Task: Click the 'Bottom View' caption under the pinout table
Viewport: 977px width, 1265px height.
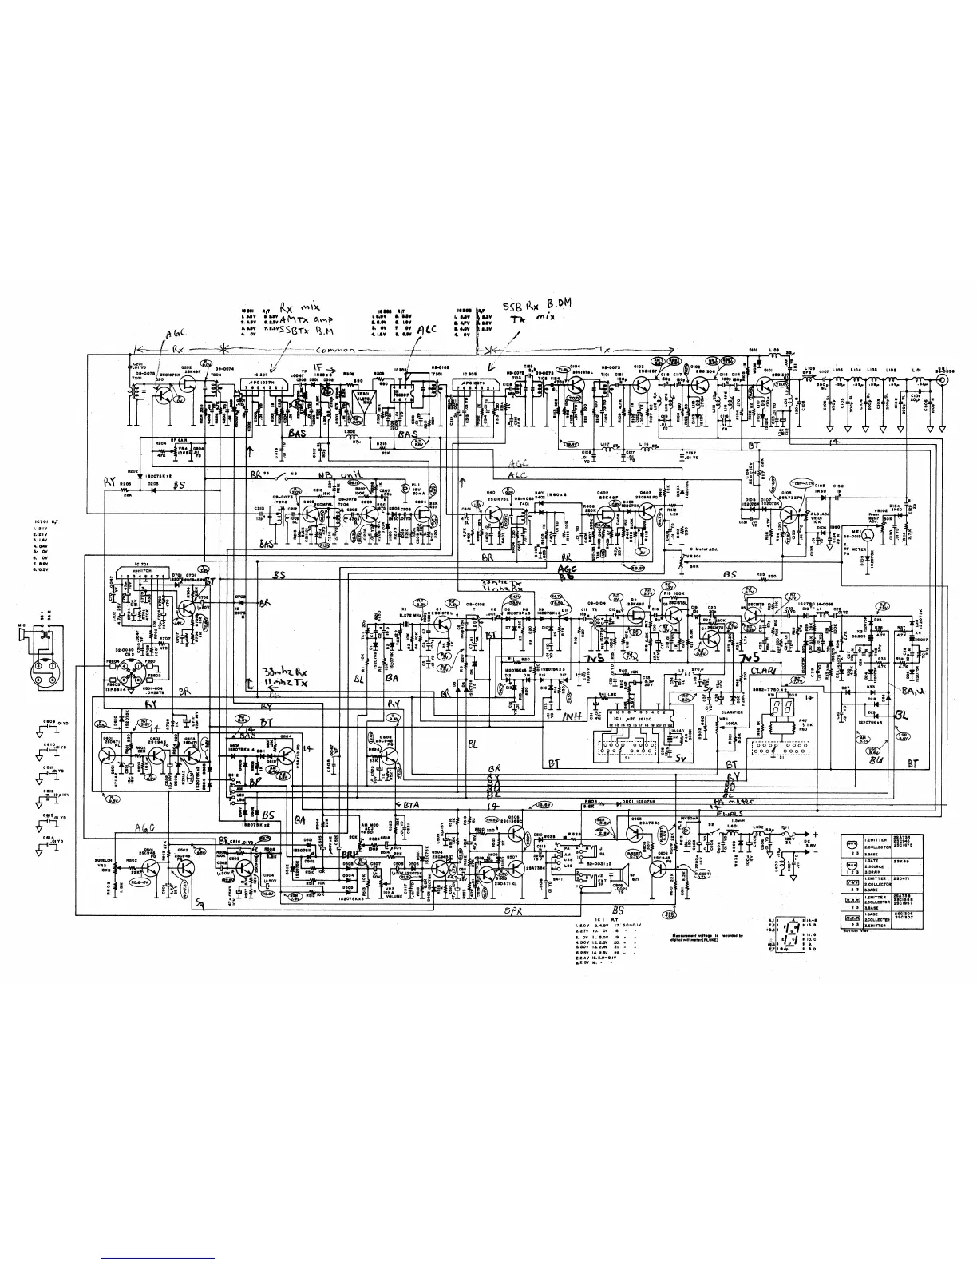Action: pyautogui.click(x=854, y=930)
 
